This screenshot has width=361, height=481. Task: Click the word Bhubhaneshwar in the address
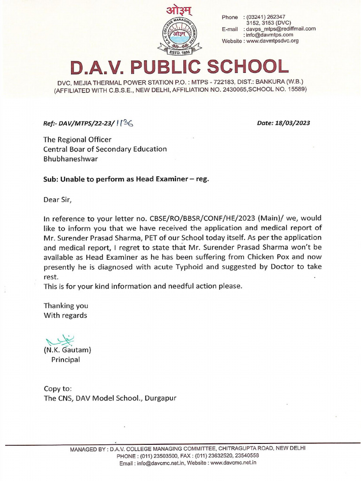coord(71,159)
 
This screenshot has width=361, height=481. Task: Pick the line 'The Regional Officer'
coord(78,139)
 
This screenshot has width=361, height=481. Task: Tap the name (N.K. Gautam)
coord(67,350)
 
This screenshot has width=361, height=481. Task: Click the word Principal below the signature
coord(65,360)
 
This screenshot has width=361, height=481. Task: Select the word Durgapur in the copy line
coord(160,398)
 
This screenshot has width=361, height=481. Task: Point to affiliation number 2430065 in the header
coord(230,92)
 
